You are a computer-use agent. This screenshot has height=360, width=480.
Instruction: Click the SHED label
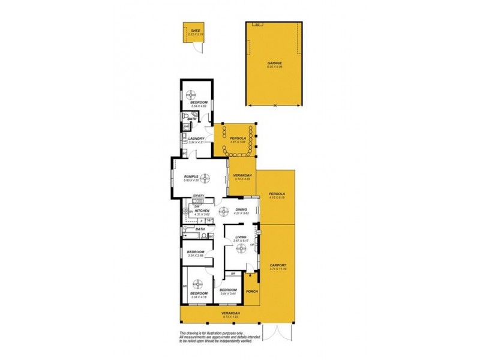(x=195, y=30)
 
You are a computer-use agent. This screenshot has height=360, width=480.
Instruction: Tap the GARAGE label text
(x=274, y=62)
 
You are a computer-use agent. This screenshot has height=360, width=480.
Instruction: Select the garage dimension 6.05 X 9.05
(x=274, y=67)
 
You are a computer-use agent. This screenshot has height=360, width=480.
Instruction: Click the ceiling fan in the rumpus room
(x=205, y=177)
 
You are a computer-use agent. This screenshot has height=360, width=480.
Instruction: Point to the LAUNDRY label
(x=197, y=139)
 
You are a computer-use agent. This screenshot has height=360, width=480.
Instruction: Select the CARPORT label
(x=278, y=265)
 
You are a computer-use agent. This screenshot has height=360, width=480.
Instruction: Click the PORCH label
(x=251, y=292)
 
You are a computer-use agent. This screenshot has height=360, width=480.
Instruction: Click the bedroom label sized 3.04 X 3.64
(x=228, y=290)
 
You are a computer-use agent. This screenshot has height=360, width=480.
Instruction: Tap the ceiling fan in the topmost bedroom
(x=192, y=94)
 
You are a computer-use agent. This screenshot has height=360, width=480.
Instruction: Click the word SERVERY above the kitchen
(x=199, y=196)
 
